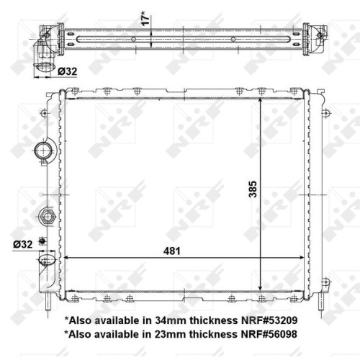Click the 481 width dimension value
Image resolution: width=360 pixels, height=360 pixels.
pos(171,251)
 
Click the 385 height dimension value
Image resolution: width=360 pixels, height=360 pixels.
pos(253,189)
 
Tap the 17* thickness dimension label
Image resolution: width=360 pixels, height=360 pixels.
pos(146,18)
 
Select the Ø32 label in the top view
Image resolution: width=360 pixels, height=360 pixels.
pos(68,71)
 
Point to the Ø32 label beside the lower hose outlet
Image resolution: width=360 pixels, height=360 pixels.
pos(23,244)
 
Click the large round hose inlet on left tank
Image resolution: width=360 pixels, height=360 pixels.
pos(43,150)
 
